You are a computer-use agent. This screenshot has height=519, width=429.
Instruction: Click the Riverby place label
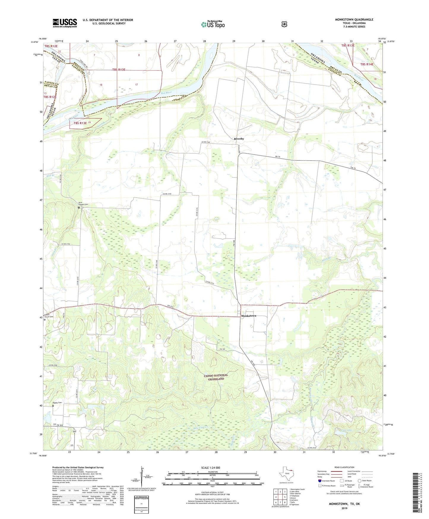pyautogui.click(x=239, y=139)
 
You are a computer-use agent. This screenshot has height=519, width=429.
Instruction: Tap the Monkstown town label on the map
pyautogui.click(x=248, y=316)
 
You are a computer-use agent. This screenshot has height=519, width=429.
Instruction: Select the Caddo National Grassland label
pyautogui.click(x=216, y=377)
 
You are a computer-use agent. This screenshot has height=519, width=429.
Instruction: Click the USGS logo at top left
pyautogui.click(x=65, y=23)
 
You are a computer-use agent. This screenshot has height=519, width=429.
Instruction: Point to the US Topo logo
pyautogui.click(x=213, y=24)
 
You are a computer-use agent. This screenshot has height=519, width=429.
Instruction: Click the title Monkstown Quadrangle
pyautogui.click(x=354, y=20)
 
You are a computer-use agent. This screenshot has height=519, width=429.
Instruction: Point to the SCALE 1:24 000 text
pyautogui.click(x=210, y=468)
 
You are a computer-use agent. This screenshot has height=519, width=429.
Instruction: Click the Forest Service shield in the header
pyautogui.click(x=284, y=24)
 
